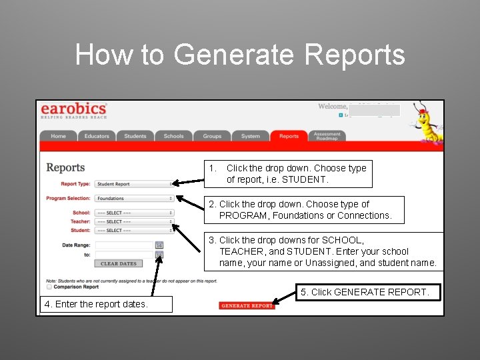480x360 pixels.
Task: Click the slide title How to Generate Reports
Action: coord(240,55)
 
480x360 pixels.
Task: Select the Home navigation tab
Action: coord(59,136)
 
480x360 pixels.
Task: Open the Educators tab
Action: coord(97,136)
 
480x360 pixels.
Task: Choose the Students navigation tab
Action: coord(135,136)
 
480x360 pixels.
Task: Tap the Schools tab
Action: coord(173,136)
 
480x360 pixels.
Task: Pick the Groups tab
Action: coord(212,136)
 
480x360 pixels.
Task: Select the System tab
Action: coord(251,136)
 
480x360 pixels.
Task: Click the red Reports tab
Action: coord(289,136)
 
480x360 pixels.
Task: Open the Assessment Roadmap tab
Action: coord(327,136)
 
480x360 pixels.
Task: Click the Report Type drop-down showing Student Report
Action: coord(134,184)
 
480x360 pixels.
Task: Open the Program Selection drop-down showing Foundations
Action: coord(134,198)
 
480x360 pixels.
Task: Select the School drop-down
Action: coord(134,213)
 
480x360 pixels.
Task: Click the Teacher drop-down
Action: coord(134,222)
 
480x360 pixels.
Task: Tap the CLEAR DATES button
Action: coord(119,264)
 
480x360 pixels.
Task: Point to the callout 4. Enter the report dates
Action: coord(97,305)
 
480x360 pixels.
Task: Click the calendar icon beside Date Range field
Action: coord(159,245)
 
